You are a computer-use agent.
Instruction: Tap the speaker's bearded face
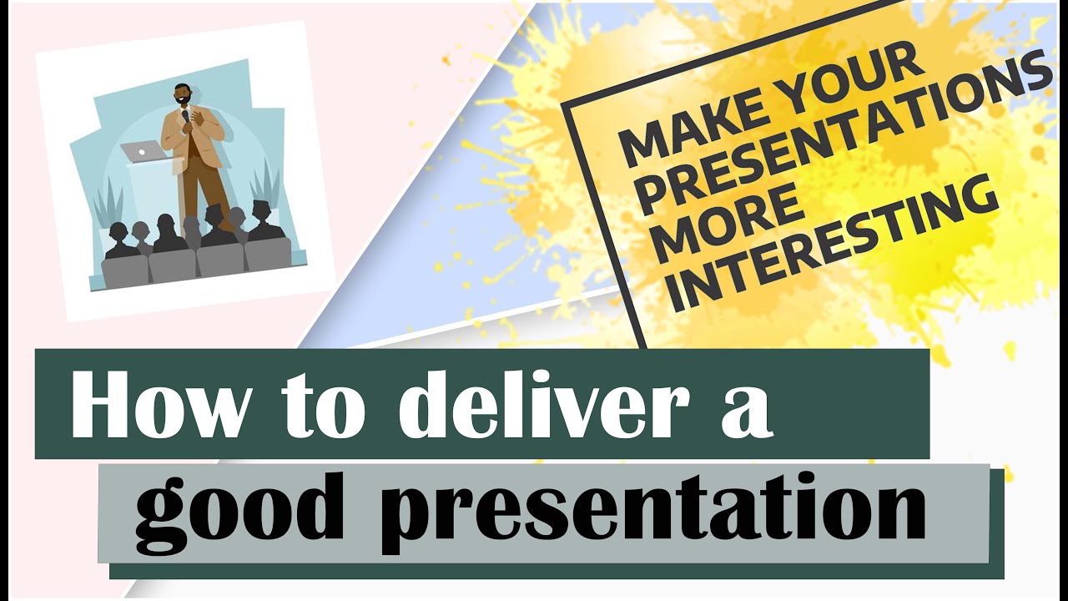(182, 96)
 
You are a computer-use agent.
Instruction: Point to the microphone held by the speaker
(185, 118)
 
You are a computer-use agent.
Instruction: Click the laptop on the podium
(143, 151)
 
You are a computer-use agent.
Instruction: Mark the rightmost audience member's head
(262, 210)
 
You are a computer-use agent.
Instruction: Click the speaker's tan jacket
(200, 134)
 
